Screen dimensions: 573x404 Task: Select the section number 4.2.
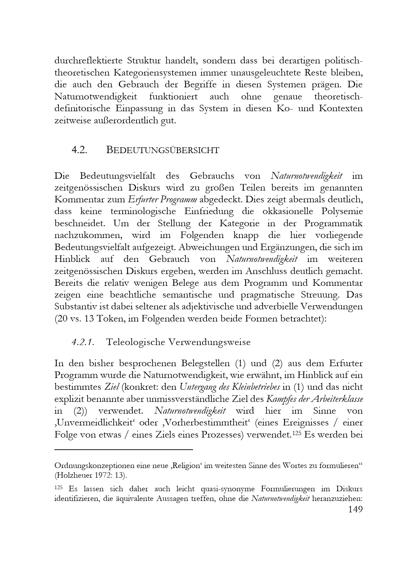tap(79, 150)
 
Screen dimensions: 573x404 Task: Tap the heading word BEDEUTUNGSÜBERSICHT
tap(163, 150)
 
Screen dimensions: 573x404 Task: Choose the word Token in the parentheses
tap(111, 318)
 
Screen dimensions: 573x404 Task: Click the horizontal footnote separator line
tap(123, 450)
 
